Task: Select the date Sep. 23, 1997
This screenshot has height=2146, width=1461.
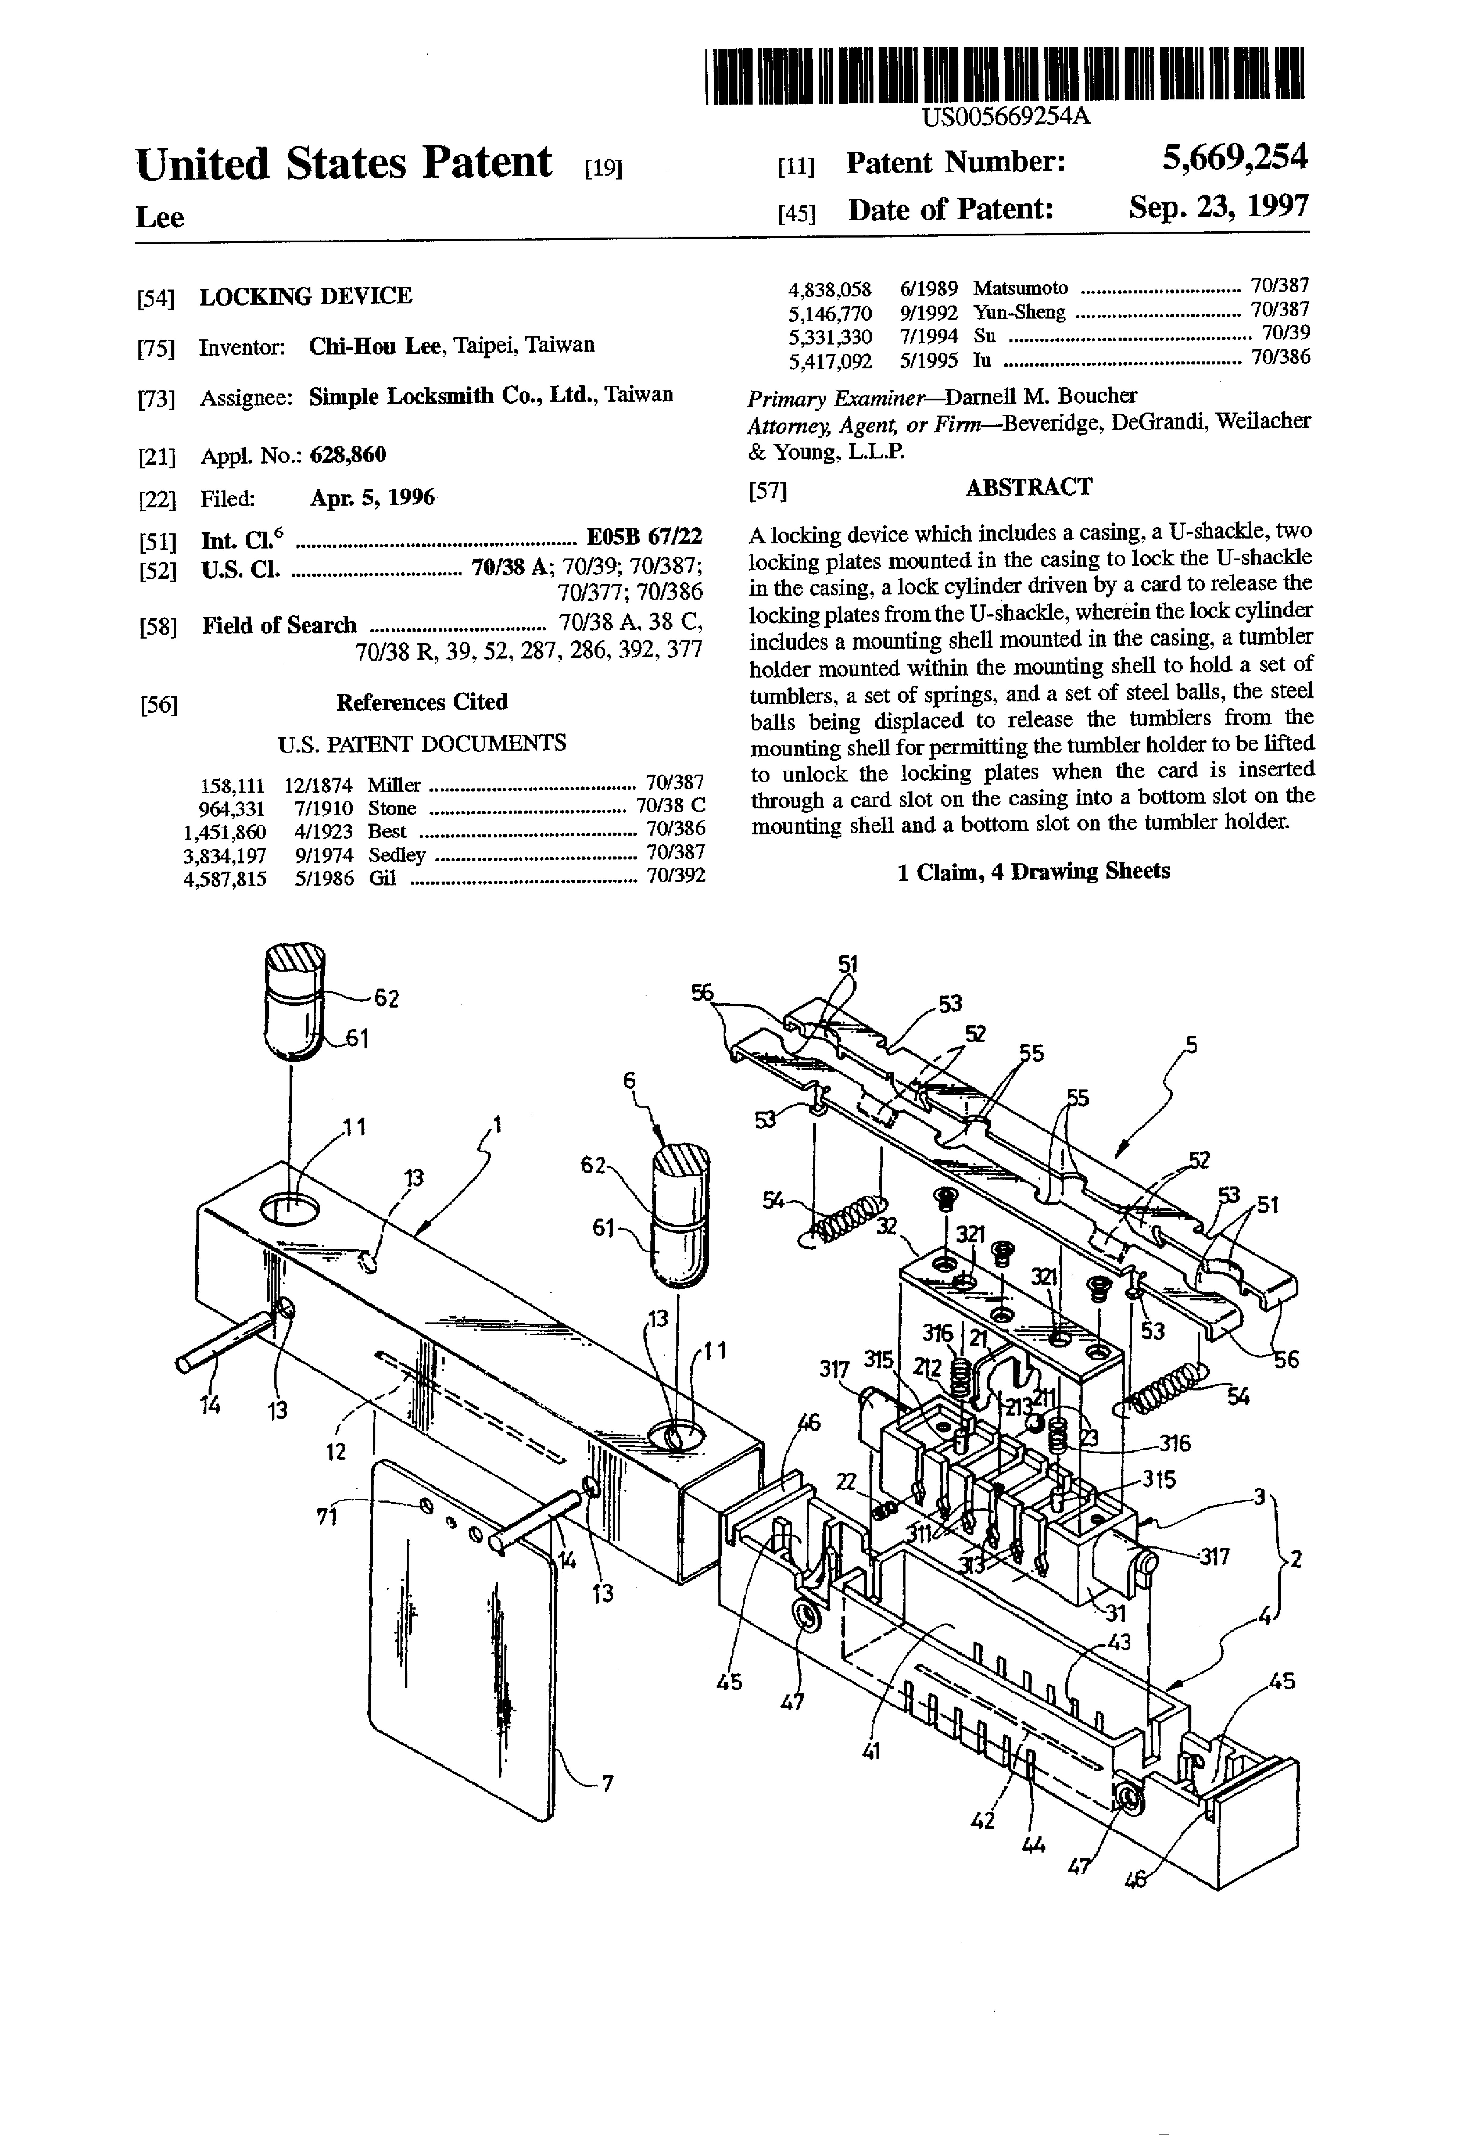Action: [1219, 207]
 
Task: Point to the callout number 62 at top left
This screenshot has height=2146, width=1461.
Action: [386, 998]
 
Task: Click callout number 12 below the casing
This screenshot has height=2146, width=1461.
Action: [336, 1452]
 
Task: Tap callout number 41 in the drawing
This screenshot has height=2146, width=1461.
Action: [871, 1750]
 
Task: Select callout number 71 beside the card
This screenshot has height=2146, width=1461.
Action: [327, 1516]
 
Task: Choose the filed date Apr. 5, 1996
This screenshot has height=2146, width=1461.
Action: [372, 498]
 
